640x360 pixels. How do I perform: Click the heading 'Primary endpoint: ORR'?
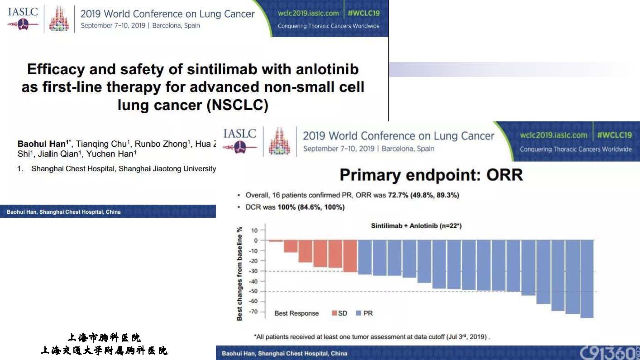431,175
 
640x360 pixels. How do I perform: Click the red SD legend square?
334,313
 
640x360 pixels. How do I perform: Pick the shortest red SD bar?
276,241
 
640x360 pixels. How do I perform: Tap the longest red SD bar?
350,256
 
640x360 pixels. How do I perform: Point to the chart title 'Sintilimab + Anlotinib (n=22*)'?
416,226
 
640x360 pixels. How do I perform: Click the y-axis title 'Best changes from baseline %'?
239,274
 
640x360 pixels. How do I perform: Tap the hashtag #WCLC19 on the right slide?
614,135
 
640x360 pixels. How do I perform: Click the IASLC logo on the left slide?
23,18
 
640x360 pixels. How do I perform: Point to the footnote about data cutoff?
372,337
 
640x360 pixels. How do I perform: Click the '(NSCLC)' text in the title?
237,105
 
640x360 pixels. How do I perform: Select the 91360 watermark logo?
608,352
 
